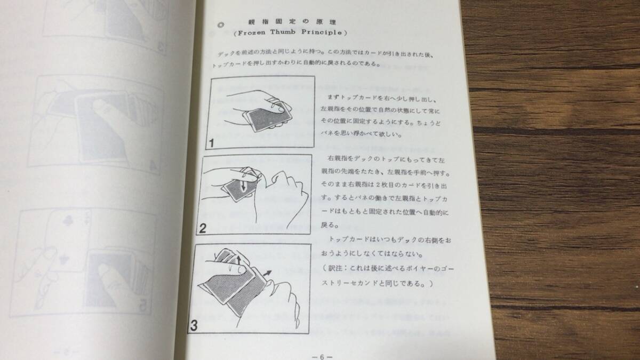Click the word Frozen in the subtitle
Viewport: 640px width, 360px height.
point(251,33)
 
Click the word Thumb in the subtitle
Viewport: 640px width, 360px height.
point(283,32)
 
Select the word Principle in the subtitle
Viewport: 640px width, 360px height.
point(322,33)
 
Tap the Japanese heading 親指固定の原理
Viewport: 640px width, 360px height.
point(292,22)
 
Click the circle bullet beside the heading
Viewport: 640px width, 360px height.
point(221,25)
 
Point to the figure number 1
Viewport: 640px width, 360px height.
point(211,143)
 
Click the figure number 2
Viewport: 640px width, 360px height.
point(203,228)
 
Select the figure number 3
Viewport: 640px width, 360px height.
point(194,325)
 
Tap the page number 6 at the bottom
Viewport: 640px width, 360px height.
point(322,357)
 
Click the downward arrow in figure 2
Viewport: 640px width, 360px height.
point(243,185)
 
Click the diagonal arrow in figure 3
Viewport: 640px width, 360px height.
point(267,274)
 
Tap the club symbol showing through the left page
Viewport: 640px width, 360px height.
point(68,220)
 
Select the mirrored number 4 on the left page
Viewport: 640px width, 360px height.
point(153,166)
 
